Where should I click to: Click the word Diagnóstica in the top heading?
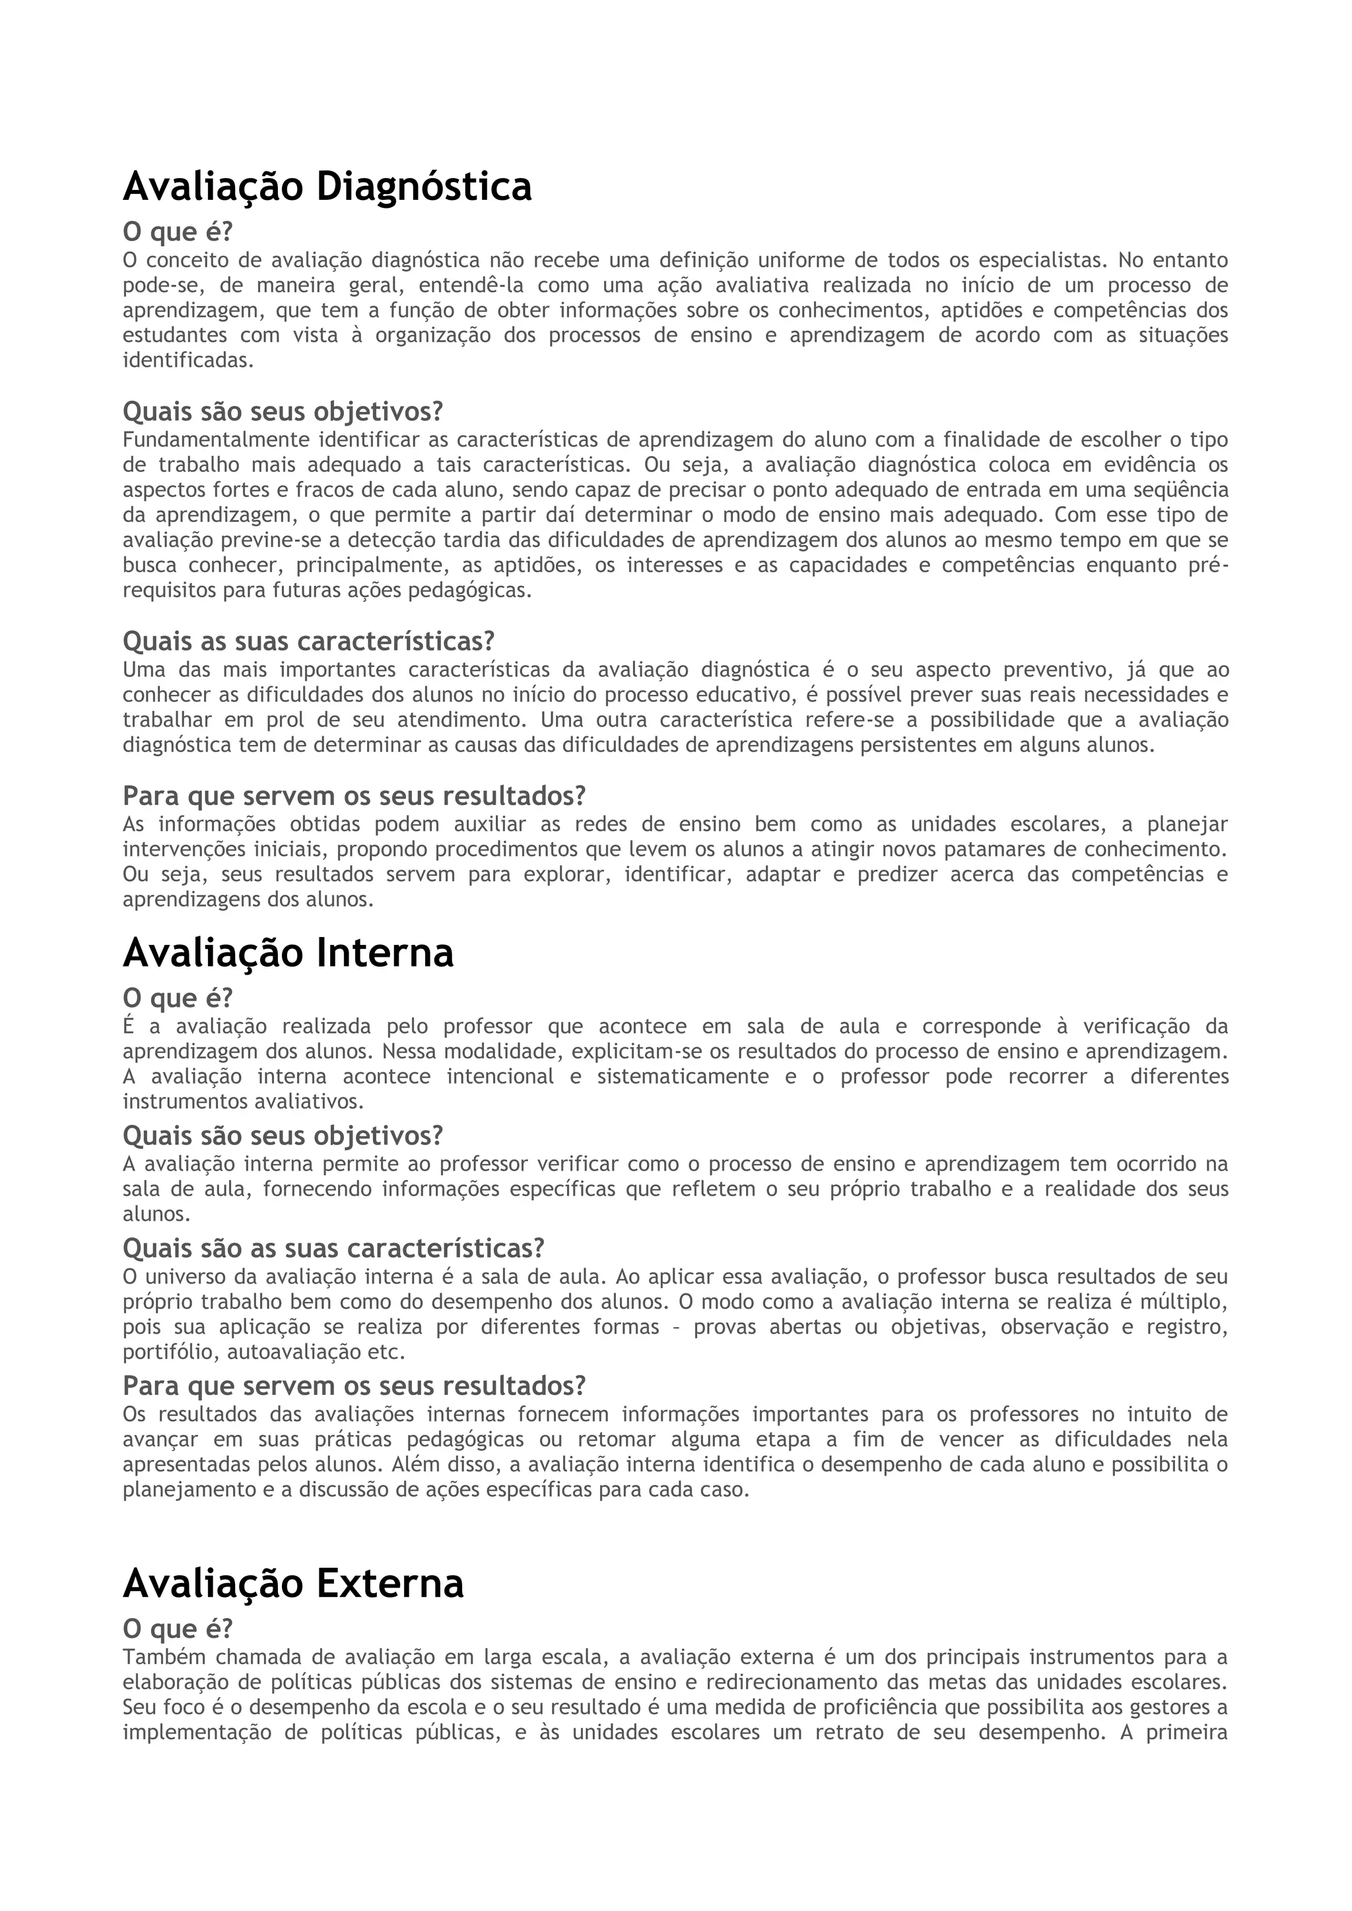point(423,187)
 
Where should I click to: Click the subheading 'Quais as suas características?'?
point(308,641)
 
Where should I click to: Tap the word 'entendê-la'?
point(469,286)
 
